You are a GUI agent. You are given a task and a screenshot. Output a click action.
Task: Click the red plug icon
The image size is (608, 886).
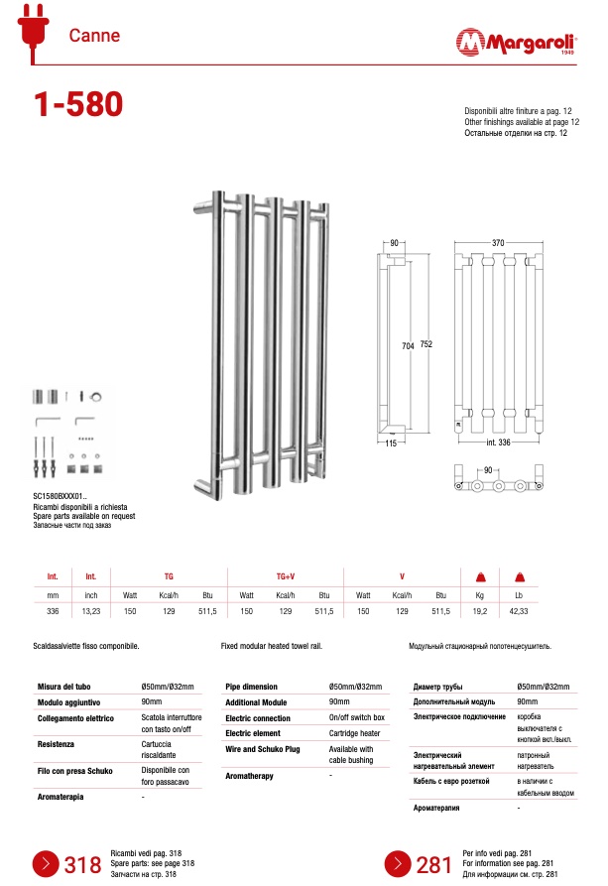point(34,31)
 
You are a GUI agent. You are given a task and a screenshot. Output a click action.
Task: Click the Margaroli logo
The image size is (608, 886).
point(516,42)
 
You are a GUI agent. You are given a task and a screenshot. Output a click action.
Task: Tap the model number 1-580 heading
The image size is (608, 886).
point(78,104)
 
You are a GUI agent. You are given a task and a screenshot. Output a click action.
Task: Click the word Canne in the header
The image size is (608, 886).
point(94,36)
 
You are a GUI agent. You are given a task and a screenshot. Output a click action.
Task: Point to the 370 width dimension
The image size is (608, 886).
point(498,243)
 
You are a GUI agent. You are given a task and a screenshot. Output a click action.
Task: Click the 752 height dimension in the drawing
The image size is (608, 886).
point(426,344)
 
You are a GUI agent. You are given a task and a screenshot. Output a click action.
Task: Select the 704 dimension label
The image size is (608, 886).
point(408,346)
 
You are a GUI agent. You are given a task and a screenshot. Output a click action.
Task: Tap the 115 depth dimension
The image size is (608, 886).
point(391,443)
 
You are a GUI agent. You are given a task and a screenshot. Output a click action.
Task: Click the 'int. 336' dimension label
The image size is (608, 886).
point(498,443)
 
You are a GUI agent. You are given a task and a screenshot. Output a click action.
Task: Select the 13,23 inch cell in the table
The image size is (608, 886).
point(91,611)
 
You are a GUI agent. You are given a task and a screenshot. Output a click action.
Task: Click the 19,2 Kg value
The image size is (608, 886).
point(480,611)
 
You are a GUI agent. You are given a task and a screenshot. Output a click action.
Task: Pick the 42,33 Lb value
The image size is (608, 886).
point(519,611)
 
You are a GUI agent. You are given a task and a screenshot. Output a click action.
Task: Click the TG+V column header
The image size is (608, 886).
point(286,576)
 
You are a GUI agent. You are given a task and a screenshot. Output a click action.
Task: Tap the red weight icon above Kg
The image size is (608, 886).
point(481,576)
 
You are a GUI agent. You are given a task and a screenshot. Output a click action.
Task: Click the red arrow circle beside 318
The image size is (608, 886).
point(46,864)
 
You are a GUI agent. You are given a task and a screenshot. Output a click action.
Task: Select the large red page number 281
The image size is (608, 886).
point(434,865)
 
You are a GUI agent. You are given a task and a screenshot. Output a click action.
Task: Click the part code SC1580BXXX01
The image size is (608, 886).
point(59,497)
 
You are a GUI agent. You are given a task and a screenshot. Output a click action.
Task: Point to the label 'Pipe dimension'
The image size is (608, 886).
point(252,688)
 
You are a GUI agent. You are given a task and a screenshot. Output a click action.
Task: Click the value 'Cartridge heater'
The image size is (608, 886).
point(355,733)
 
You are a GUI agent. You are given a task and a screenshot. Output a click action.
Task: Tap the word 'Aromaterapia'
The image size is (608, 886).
point(61,798)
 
